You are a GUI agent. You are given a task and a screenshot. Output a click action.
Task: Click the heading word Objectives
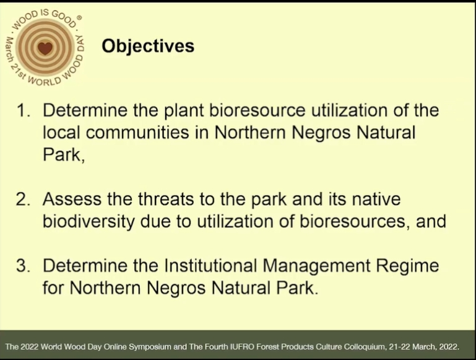pyautogui.click(x=148, y=46)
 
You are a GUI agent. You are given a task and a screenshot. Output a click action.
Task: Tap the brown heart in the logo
pyautogui.click(x=45, y=48)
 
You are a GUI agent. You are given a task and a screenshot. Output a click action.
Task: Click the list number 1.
pyautogui.click(x=24, y=110)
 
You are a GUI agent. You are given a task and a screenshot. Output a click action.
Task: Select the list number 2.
pyautogui.click(x=23, y=200)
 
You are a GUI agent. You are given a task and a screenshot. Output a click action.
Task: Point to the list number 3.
pyautogui.click(x=23, y=266)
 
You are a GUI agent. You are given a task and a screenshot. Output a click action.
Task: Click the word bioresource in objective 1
pyautogui.click(x=257, y=110)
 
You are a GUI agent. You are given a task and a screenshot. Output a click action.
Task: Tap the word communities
pyautogui.click(x=137, y=133)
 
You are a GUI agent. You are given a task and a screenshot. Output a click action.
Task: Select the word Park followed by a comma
pyautogui.click(x=63, y=155)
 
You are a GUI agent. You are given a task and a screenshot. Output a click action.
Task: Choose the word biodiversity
pyautogui.click(x=89, y=222)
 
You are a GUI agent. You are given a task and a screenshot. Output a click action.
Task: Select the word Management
pyautogui.click(x=316, y=266)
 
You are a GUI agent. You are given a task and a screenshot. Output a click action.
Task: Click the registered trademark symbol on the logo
pyautogui.click(x=79, y=18)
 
